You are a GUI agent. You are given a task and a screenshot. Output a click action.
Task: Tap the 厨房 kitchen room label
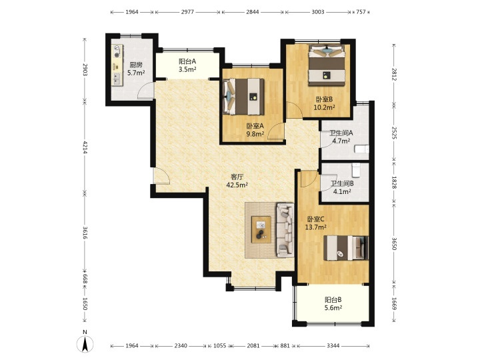pos(136,69)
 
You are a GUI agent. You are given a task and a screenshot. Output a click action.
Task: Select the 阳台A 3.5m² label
pos(187,65)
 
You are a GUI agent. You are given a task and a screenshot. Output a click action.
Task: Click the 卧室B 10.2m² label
pos(324,103)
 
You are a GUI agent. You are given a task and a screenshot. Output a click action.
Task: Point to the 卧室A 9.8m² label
pos(255,130)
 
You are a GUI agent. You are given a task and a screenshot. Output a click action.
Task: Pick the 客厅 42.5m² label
pos(237,181)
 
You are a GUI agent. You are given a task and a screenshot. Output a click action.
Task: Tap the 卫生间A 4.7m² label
pos(341,137)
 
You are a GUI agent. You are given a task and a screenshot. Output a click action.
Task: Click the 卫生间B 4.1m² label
pos(342,187)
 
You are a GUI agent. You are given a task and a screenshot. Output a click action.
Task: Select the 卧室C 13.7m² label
pos(315,223)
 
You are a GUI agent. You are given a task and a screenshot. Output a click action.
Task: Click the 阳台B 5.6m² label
pos(333,303)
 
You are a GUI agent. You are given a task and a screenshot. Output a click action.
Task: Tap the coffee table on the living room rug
pos(261,229)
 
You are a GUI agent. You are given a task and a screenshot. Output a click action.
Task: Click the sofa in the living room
pos(285,229)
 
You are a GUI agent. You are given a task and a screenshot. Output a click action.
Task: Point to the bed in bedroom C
pos(346,247)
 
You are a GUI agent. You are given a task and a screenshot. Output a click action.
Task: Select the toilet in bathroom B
pos(356,170)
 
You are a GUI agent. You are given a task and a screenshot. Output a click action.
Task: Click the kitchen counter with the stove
pos(117,65)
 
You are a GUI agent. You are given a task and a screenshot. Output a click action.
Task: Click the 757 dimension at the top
pos(361,12)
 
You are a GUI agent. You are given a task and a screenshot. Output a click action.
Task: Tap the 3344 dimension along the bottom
pos(333,345)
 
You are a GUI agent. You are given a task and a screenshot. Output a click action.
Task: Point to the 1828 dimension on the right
pos(394,182)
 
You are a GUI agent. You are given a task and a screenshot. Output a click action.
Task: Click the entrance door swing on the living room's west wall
pos(161,176)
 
